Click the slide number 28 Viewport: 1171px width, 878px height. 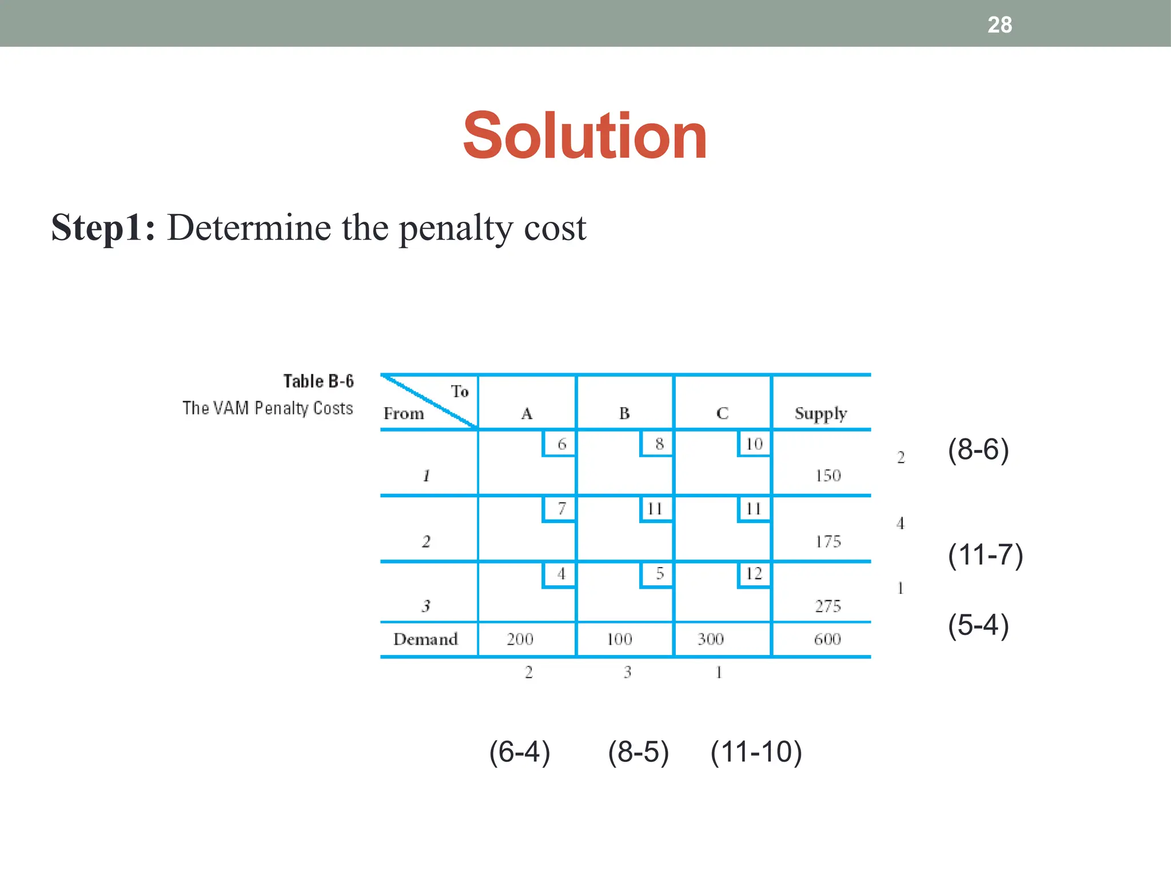999,25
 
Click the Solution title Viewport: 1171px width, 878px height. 585,136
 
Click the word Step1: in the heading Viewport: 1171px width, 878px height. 103,228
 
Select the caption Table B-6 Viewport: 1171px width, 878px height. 318,381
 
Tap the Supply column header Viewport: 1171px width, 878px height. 821,414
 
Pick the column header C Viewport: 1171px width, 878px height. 722,413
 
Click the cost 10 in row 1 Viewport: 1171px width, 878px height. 754,444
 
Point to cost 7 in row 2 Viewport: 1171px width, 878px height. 561,508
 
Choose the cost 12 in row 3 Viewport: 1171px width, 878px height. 754,573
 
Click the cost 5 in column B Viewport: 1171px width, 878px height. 659,573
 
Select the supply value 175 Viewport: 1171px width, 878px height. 827,541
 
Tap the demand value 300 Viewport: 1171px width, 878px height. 710,639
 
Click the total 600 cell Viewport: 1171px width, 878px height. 827,639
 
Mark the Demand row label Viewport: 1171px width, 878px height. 425,639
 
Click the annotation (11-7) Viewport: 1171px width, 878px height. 985,555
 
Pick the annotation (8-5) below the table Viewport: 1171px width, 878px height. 638,752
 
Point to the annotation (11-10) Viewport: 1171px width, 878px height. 756,752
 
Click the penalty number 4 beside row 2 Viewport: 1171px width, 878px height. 901,523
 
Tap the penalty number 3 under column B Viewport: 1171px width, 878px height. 627,672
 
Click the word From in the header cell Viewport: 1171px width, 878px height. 404,414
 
